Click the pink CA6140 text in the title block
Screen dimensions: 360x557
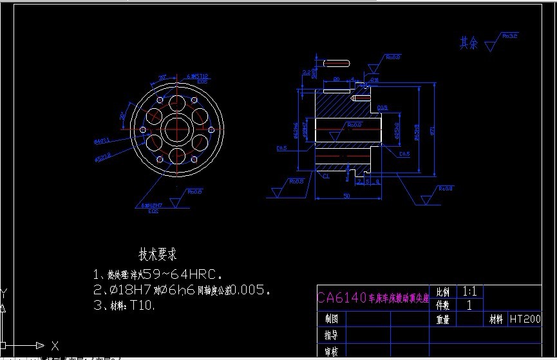click(x=342, y=297)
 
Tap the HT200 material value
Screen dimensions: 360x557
click(x=525, y=318)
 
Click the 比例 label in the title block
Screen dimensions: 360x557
click(x=443, y=292)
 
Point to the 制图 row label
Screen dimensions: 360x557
click(x=332, y=319)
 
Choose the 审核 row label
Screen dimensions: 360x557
click(x=332, y=351)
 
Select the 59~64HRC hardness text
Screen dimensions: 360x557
click(x=187, y=272)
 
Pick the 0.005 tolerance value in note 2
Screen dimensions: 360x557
click(x=249, y=289)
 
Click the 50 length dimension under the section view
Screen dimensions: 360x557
click(x=346, y=196)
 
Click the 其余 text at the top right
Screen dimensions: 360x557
click(x=469, y=43)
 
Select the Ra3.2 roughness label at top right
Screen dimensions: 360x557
click(x=509, y=36)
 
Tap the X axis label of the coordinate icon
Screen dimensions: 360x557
click(x=55, y=345)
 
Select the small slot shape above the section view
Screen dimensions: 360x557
click(x=337, y=63)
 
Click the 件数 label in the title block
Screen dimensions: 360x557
click(x=443, y=305)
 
